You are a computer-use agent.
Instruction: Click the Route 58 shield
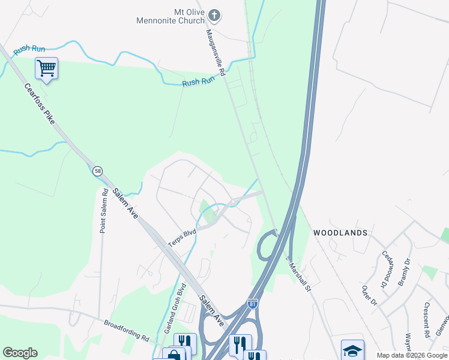(x=98, y=172)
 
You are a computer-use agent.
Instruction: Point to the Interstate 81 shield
(x=254, y=304)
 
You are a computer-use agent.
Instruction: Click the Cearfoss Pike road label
(x=40, y=104)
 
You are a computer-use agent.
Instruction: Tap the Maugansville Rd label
(x=215, y=53)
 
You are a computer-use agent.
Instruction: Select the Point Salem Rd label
(x=104, y=211)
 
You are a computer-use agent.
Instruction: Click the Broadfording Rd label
(x=126, y=329)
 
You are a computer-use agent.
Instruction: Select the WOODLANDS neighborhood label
(x=339, y=232)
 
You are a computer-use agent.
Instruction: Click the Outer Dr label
(x=368, y=293)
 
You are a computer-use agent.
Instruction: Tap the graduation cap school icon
(x=352, y=350)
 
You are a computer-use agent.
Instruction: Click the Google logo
(x=20, y=353)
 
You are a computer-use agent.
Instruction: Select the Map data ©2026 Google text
(x=412, y=355)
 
